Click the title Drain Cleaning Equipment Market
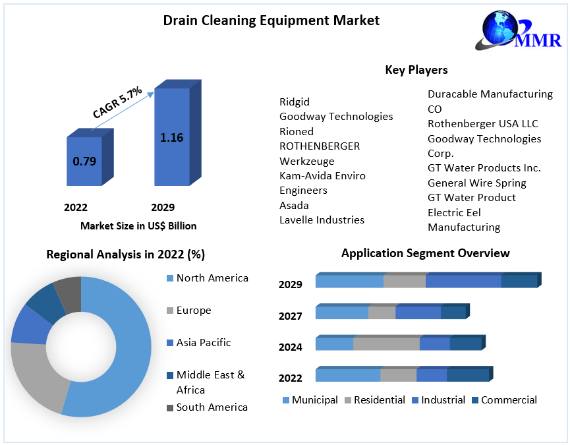pos(271,20)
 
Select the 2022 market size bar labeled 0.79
pos(84,161)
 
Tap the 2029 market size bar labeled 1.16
pos(171,137)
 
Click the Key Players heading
pos(416,70)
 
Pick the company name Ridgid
pos(295,102)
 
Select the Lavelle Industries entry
pos(322,220)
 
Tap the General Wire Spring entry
pos(476,183)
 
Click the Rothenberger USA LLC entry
pos(482,124)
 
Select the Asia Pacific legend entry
pos(203,343)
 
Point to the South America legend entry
pos(212,407)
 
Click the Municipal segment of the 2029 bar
pos(349,281)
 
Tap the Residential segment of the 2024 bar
pos(386,343)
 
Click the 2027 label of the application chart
pos(290,316)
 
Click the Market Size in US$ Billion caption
pos(138,225)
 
